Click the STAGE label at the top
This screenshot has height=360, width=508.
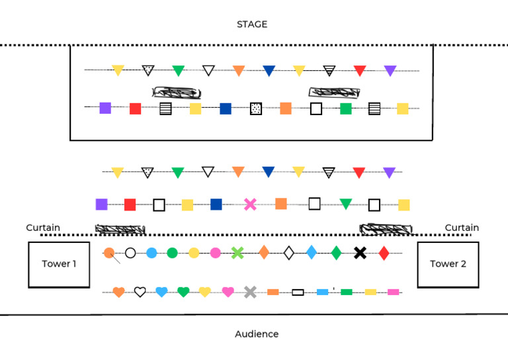point(252,24)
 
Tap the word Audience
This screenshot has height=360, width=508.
point(257,334)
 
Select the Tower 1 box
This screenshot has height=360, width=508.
point(59,264)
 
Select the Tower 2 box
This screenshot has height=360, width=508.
point(448,264)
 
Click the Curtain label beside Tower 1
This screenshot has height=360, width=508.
point(43,228)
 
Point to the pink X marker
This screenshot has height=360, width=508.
point(250,204)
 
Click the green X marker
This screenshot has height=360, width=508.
point(238,252)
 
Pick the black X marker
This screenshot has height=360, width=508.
point(360,252)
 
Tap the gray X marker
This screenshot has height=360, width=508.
point(250,291)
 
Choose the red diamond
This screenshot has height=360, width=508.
point(384,252)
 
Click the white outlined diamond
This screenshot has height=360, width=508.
point(288,252)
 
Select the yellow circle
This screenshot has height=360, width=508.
point(194,252)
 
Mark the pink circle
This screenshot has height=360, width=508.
point(215,252)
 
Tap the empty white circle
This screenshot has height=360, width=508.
point(130,252)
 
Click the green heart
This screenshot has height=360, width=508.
point(183,292)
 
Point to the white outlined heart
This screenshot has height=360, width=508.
point(140,292)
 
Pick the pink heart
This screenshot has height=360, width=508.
point(228,292)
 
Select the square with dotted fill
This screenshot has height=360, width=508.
point(256,109)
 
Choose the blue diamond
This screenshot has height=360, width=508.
point(312,252)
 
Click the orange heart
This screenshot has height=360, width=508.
point(118,292)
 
